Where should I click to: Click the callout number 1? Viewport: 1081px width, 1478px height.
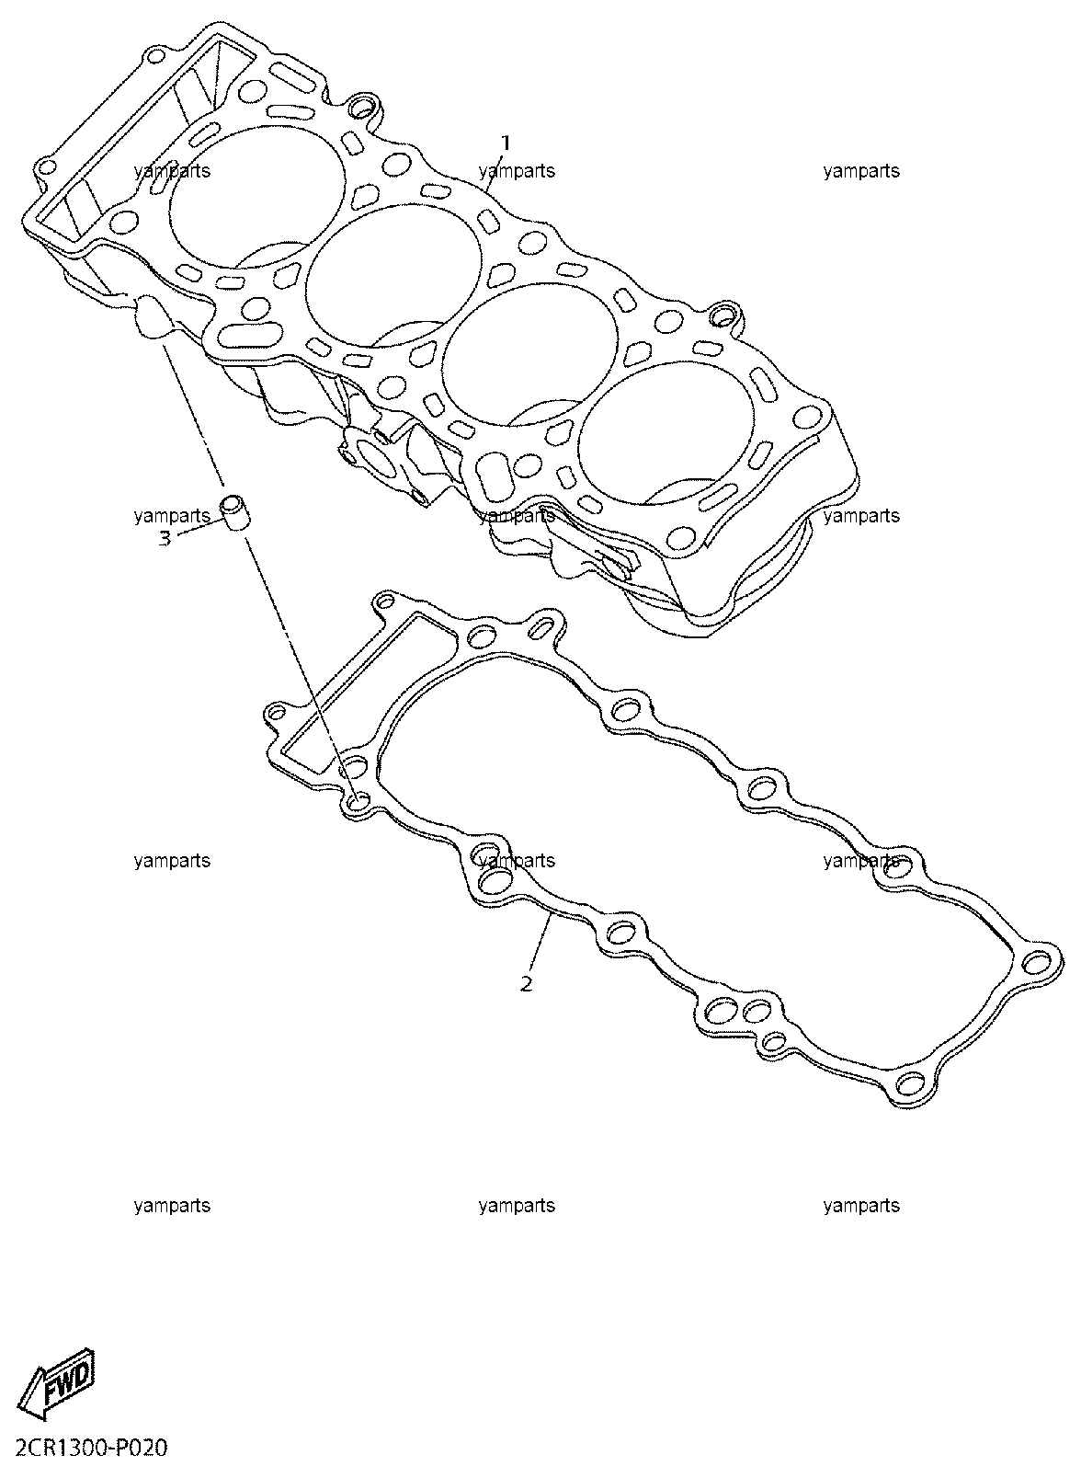click(x=506, y=143)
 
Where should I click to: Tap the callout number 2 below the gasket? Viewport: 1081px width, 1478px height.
click(x=526, y=985)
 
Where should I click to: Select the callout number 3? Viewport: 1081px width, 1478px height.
click(x=165, y=538)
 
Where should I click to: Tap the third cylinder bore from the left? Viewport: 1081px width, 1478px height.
click(x=531, y=354)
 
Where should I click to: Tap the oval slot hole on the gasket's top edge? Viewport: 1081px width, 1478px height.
click(x=543, y=627)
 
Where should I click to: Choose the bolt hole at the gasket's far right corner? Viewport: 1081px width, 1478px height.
click(x=1039, y=963)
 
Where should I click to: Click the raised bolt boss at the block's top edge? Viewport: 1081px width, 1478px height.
click(x=361, y=106)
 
